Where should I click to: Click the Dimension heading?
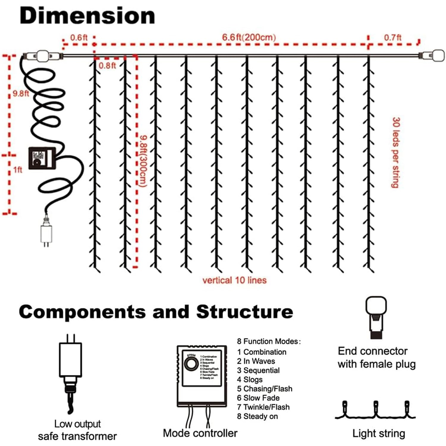(x=87, y=16)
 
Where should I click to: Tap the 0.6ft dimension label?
(x=79, y=38)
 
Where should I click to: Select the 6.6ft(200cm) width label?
(x=249, y=37)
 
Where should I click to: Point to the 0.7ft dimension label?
(x=392, y=38)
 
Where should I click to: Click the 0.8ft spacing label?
(x=107, y=65)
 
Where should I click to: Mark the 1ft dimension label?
(x=18, y=170)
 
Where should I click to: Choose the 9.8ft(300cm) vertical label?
(x=143, y=161)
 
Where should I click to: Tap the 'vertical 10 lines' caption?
(x=234, y=280)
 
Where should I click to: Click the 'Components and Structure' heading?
(x=156, y=312)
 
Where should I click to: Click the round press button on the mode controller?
(x=191, y=364)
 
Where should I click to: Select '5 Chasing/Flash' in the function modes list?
(x=265, y=389)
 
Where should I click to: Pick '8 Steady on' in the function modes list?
(x=257, y=416)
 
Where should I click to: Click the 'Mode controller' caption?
(x=200, y=433)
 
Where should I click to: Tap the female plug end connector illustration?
(x=376, y=317)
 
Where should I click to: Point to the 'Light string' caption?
(x=379, y=434)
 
